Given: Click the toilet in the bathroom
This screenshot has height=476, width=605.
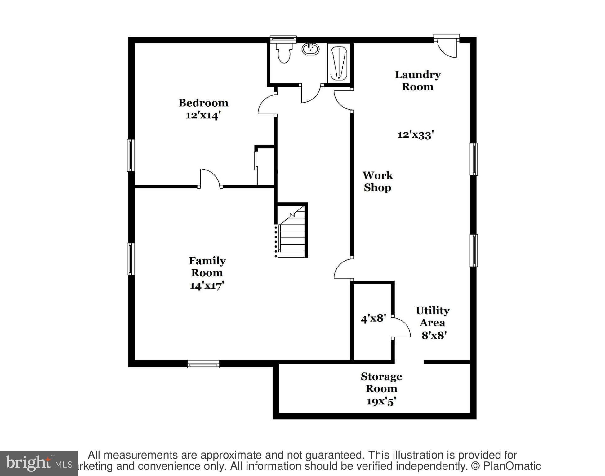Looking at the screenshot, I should pyautogui.click(x=284, y=53).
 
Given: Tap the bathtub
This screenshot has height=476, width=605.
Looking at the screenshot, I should pyautogui.click(x=338, y=63).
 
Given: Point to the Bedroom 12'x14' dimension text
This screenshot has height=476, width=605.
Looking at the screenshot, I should pyautogui.click(x=203, y=116).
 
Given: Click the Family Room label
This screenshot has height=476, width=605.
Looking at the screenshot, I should pyautogui.click(x=207, y=267).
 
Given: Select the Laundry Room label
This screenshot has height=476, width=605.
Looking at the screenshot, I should pyautogui.click(x=417, y=81).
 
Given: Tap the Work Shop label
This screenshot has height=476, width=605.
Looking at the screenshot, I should pyautogui.click(x=377, y=181).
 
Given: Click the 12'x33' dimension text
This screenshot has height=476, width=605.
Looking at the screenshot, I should pyautogui.click(x=416, y=134).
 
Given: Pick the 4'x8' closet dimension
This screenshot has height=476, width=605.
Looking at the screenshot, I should pyautogui.click(x=373, y=318).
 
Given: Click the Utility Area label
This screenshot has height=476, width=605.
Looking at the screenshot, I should pyautogui.click(x=432, y=316).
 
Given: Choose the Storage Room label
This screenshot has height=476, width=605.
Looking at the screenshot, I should pyautogui.click(x=381, y=382).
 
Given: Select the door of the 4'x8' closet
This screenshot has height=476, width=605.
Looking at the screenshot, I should pyautogui.click(x=402, y=327).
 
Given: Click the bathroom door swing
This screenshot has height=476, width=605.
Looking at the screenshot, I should pyautogui.click(x=311, y=94).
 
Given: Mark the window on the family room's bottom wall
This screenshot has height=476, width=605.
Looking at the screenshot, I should pyautogui.click(x=203, y=364).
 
